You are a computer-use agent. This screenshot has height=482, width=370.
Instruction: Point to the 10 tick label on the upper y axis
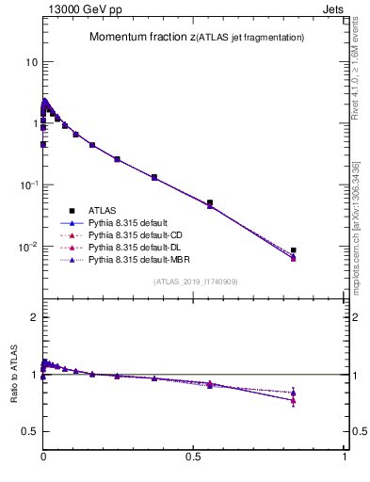[29, 62]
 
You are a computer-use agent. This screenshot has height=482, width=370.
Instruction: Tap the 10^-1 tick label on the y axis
[27, 185]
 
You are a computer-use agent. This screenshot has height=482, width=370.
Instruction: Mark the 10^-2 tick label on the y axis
[27, 246]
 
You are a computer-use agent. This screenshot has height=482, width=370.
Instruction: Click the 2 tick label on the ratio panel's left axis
[33, 317]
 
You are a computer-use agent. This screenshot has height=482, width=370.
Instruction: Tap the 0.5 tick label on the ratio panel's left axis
[28, 431]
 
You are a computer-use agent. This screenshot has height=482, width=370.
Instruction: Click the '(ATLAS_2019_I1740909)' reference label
[194, 281]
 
